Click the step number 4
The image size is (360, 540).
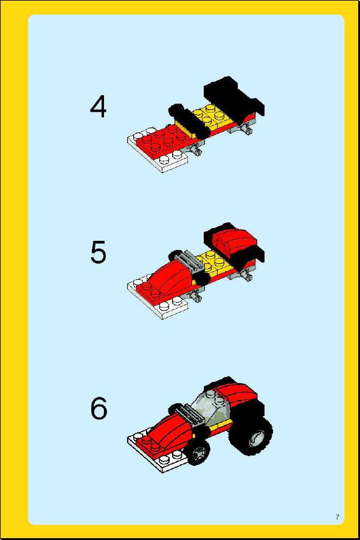coord(98,107)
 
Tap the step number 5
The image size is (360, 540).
coord(99,252)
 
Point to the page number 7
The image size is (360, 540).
coord(337,516)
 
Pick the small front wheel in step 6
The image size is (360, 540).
coord(199,452)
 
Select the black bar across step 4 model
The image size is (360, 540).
coord(186,120)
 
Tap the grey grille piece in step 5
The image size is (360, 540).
coord(190,261)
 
